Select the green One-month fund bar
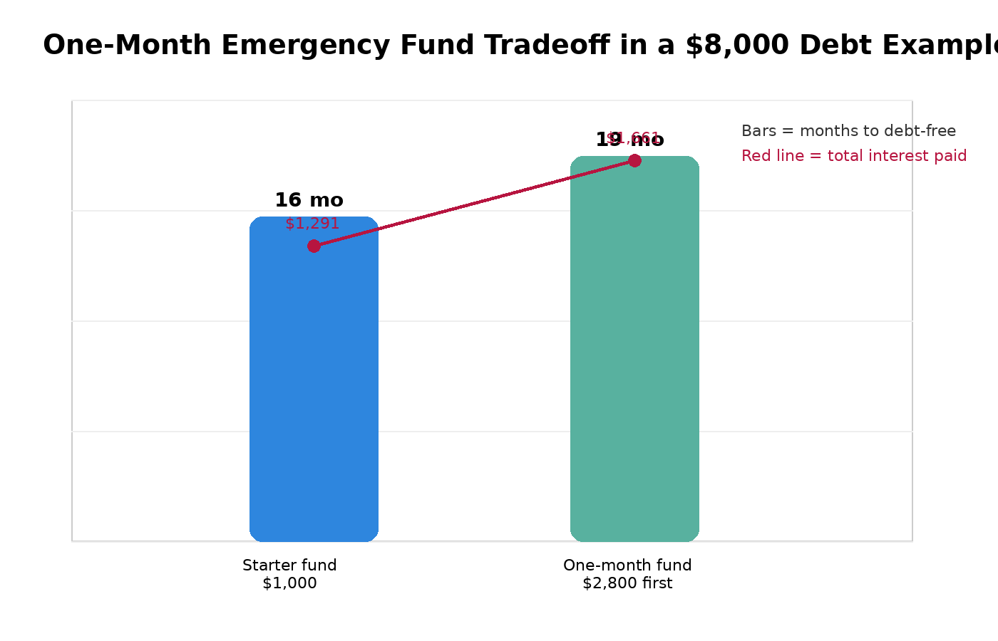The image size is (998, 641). [634, 356]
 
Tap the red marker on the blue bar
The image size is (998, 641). [314, 246]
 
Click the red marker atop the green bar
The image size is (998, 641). [634, 160]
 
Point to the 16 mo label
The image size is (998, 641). [309, 201]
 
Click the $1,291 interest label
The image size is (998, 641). [312, 224]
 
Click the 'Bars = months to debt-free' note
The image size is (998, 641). [848, 131]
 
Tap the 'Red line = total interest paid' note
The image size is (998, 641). [854, 156]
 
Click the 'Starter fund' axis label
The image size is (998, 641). [289, 566]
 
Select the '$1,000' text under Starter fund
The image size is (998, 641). [289, 583]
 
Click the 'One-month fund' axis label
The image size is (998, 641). [627, 566]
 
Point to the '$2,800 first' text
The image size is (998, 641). [627, 583]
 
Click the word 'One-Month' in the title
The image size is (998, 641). [128, 46]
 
